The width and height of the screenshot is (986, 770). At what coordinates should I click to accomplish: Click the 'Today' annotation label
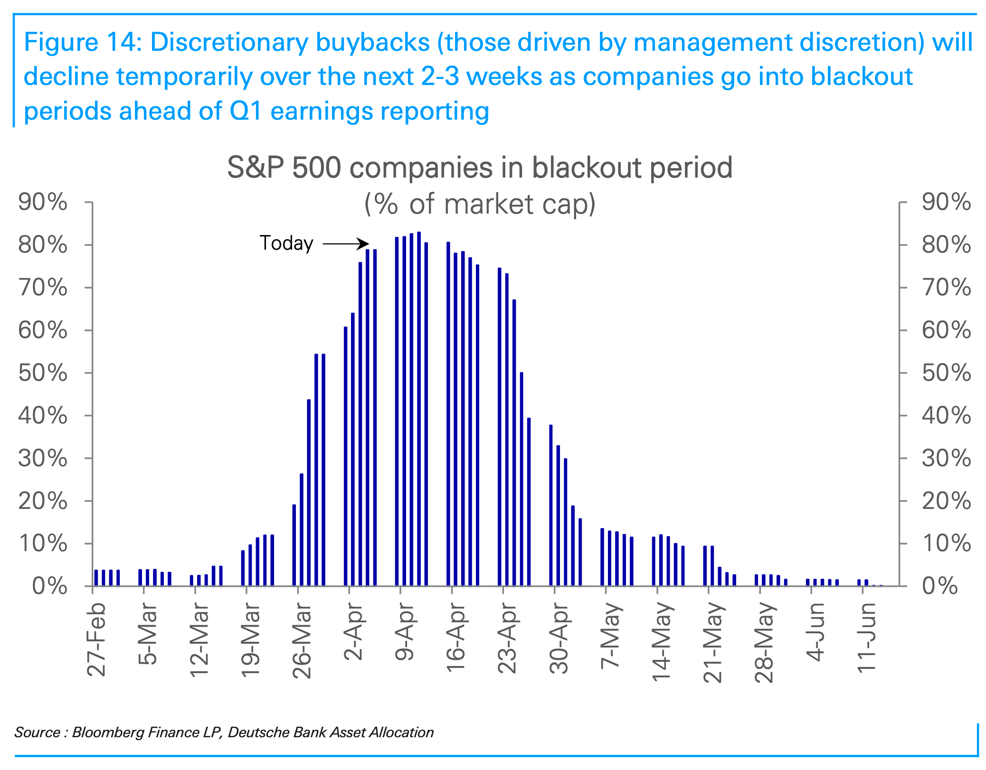pyautogui.click(x=286, y=244)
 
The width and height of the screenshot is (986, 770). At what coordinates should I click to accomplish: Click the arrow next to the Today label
pyautogui.click(x=345, y=244)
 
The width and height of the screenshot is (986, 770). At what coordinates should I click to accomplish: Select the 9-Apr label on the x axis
pyautogui.click(x=405, y=631)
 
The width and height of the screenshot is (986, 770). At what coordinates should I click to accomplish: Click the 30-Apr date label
pyautogui.click(x=559, y=639)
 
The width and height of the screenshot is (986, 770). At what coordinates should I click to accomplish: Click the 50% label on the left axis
pyautogui.click(x=43, y=373)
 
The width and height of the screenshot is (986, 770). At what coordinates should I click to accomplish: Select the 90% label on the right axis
pyautogui.click(x=946, y=202)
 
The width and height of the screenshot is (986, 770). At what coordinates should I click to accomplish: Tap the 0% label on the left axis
pyautogui.click(x=49, y=587)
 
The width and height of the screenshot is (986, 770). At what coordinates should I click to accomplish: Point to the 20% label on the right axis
pyautogui.click(x=946, y=501)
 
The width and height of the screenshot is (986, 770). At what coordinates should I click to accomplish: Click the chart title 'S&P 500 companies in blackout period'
pyautogui.click(x=480, y=168)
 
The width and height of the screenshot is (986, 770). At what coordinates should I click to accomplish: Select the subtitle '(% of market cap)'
pyautogui.click(x=480, y=204)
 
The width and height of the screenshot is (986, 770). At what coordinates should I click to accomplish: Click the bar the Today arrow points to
pyautogui.click(x=368, y=418)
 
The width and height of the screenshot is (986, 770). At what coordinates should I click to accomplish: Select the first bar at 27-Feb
pyautogui.click(x=96, y=578)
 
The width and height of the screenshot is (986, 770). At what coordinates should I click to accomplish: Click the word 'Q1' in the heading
pyautogui.click(x=246, y=112)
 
